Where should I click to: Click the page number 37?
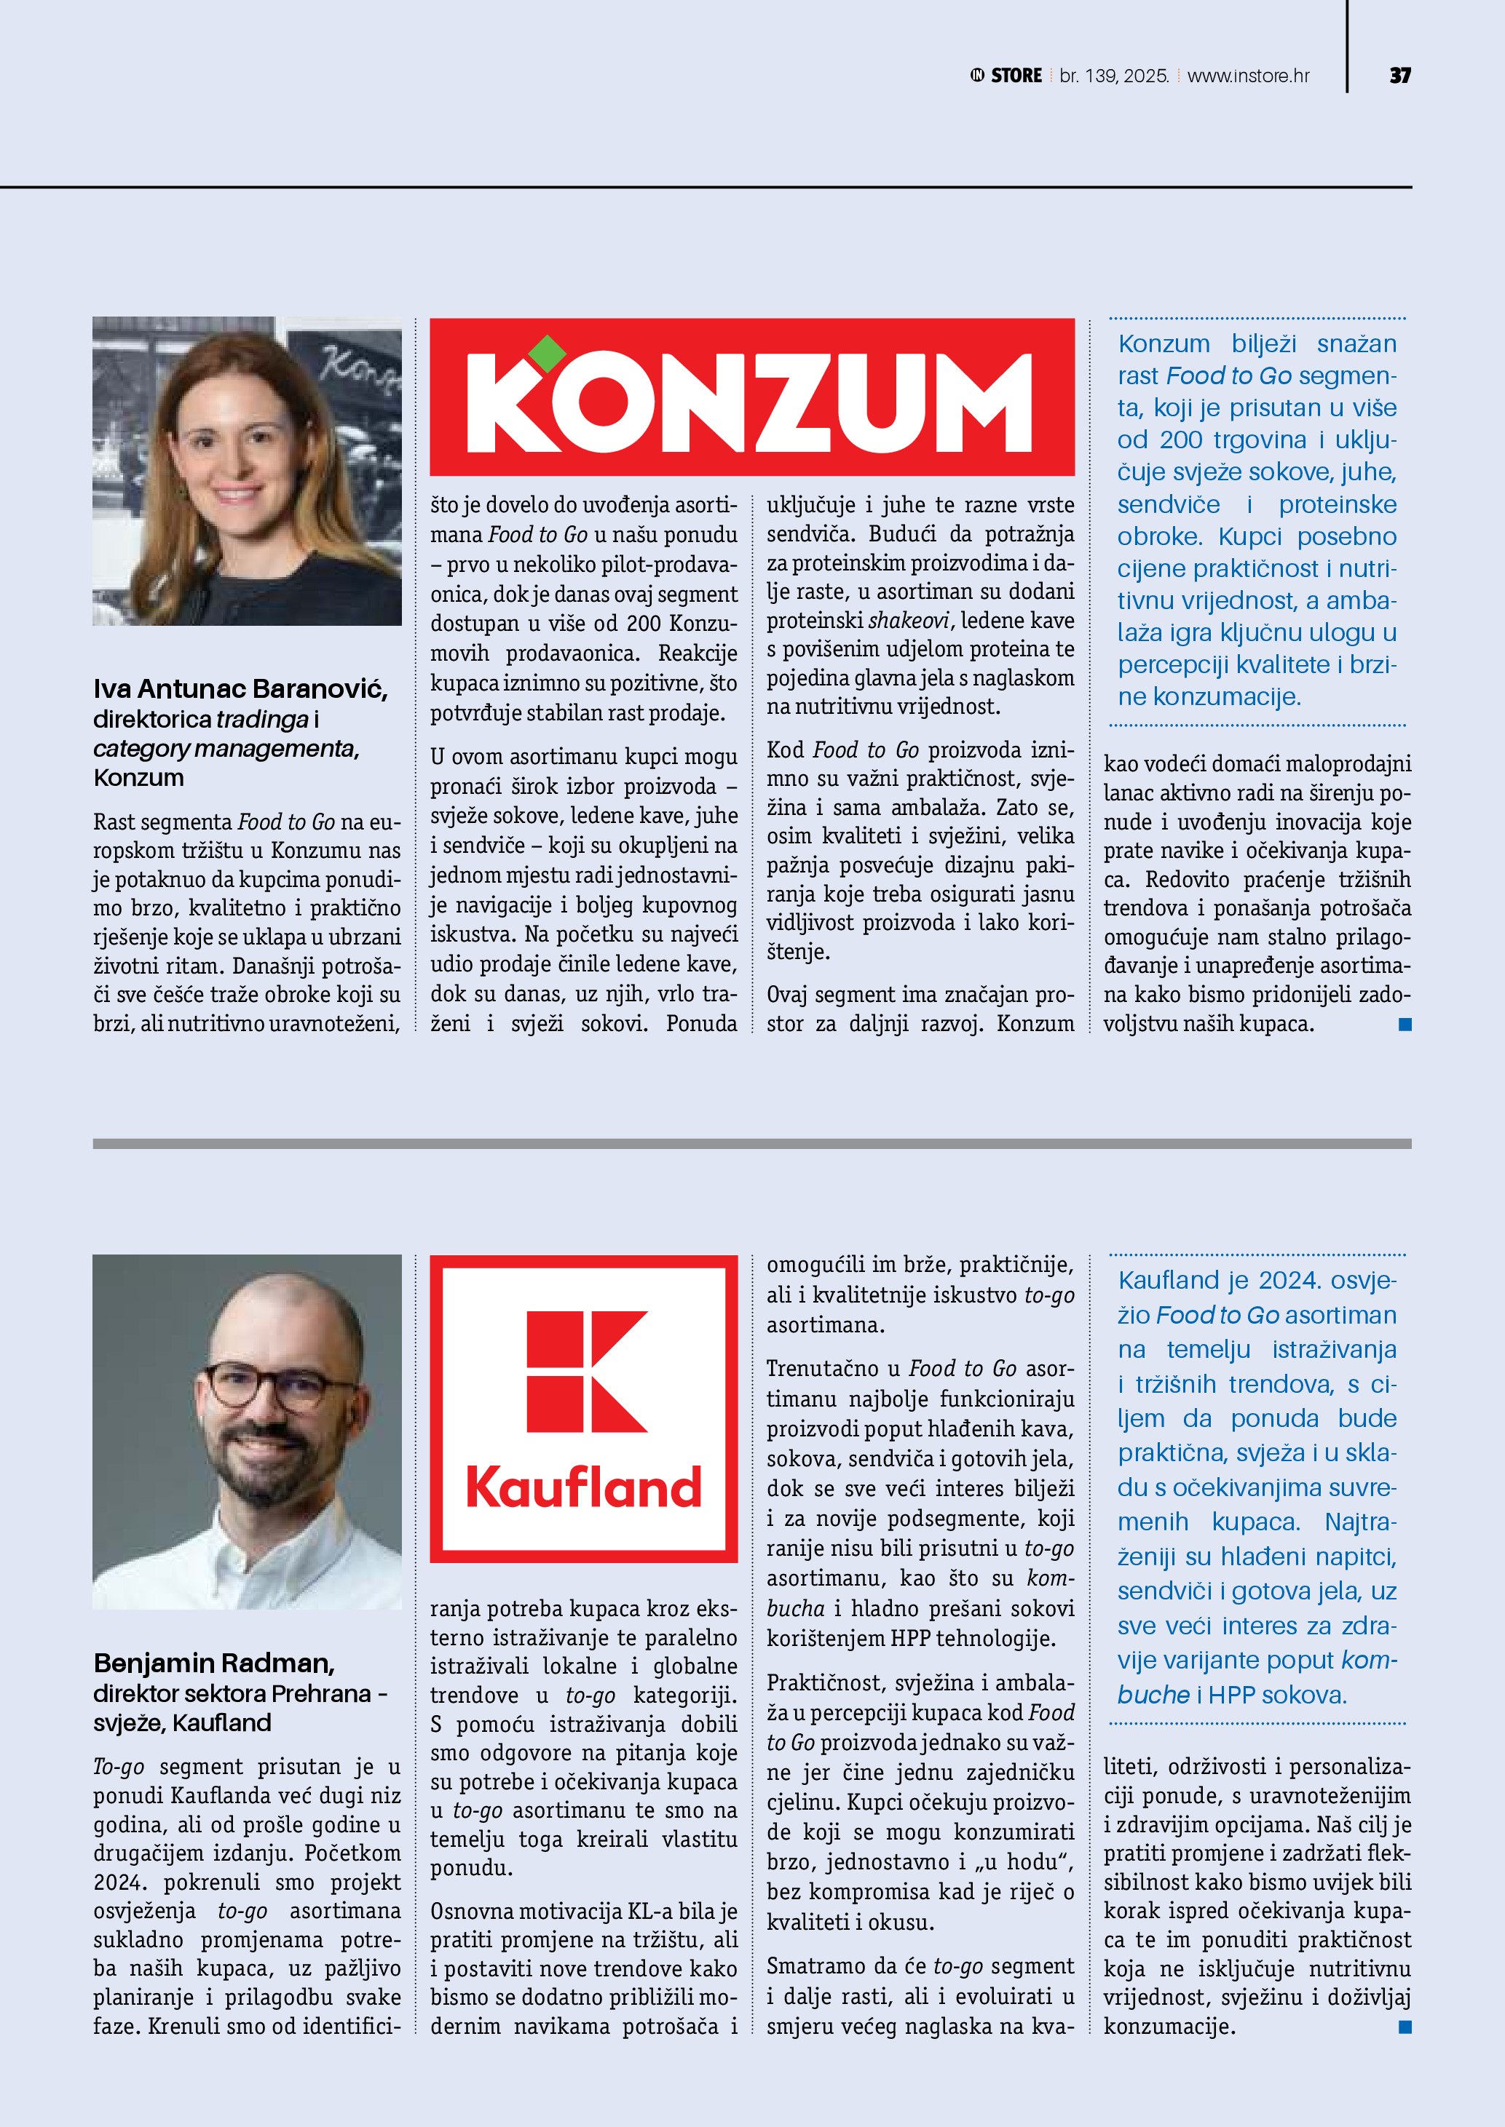point(1399,76)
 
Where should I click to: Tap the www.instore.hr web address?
point(1247,76)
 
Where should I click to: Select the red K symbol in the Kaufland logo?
point(585,1372)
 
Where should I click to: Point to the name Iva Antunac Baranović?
point(240,689)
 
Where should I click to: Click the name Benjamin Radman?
point(214,1663)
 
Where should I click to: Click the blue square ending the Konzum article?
point(1405,1024)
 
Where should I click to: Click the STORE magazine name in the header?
point(1016,76)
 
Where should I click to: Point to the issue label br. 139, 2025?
point(1114,76)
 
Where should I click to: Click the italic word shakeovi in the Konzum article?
point(908,621)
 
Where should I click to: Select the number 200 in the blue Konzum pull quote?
point(1181,440)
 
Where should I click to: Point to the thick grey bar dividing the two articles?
point(751,1144)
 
